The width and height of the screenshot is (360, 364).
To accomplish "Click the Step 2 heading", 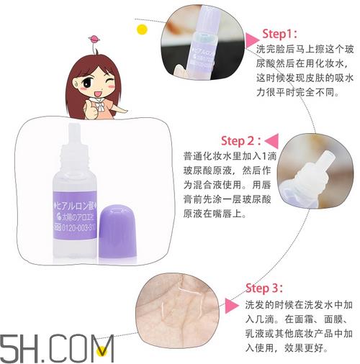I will point(242,140).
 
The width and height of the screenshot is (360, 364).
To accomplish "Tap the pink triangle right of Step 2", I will point(274,140).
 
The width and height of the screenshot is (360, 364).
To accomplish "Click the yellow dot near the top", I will point(143,29).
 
